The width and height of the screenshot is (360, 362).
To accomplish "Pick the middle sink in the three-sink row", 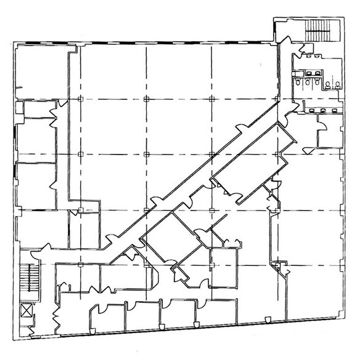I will point(321,110).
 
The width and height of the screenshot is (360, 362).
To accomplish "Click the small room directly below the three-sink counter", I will point(328,132).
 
